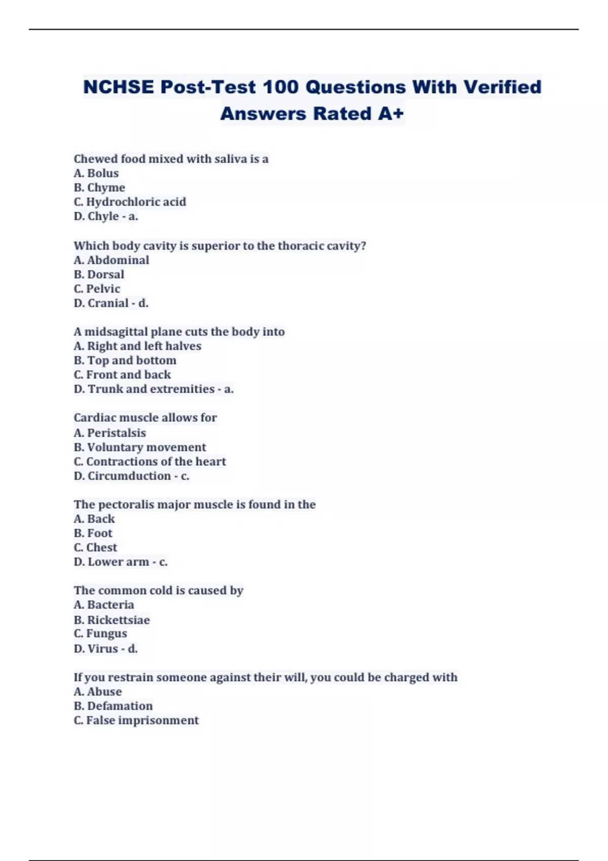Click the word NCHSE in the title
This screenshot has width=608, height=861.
119,87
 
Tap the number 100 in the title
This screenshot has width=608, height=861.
281,87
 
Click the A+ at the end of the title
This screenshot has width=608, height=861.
391,114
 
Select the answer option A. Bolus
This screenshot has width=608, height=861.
96,173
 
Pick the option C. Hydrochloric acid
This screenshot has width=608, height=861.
130,202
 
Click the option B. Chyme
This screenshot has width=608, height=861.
99,187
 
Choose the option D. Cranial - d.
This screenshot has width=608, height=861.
111,303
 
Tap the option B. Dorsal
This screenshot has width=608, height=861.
99,275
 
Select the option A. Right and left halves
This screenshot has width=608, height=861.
137,346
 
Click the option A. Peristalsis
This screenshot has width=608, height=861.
110,433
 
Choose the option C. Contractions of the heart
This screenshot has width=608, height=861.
150,461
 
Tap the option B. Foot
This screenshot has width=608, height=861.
93,533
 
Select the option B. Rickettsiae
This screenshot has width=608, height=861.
112,620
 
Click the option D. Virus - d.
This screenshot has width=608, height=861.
106,649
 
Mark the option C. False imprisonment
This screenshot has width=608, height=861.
136,720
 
